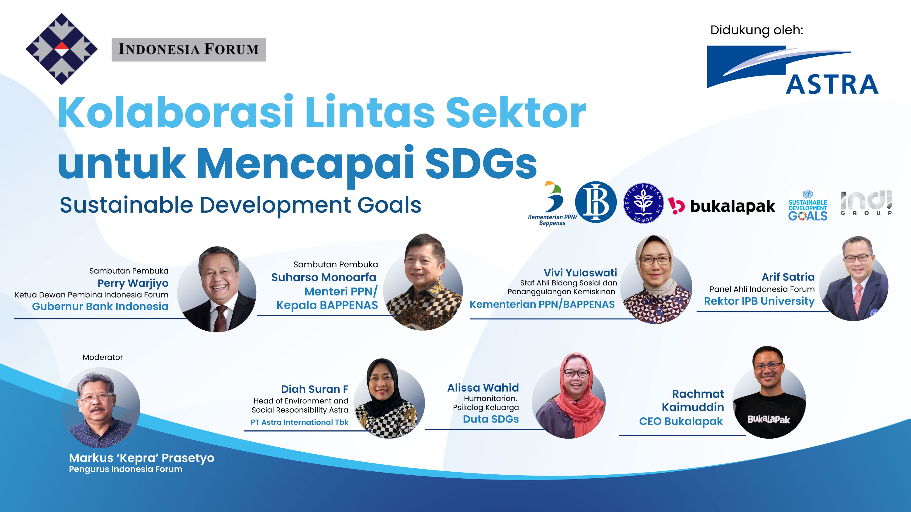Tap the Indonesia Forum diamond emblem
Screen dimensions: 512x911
62,49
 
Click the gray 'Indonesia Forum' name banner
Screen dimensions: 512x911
189,49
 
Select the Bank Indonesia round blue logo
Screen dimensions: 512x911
595,202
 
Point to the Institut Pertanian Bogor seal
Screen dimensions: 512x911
643,203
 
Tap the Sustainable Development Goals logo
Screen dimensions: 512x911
808,206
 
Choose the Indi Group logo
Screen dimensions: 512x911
866,203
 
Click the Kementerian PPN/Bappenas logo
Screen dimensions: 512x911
552,204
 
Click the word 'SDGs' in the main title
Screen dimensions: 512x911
481,163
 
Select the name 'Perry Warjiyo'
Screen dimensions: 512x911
133,283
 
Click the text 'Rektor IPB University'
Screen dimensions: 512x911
759,301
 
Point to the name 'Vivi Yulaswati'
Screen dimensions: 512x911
580,272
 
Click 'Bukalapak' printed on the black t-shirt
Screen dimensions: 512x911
769,419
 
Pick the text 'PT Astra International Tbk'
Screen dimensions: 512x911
299,422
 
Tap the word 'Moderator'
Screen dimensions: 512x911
103,357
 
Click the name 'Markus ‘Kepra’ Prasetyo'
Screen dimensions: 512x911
142,458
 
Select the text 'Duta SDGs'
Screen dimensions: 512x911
490,419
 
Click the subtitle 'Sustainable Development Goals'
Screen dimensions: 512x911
241,205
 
